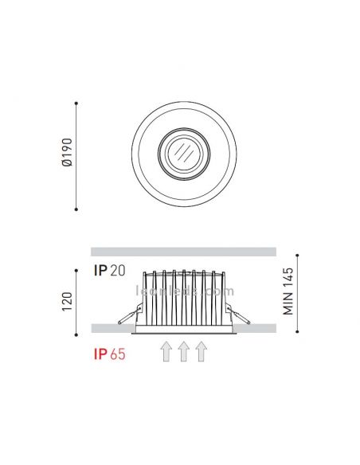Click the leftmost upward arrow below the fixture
coord(166,351)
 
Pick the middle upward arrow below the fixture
coord(183,351)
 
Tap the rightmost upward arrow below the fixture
coord(201,351)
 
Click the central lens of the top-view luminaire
coord(183,154)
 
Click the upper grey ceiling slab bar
coord(183,252)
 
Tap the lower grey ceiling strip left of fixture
coord(112,328)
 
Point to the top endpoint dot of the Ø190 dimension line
coord(76,103)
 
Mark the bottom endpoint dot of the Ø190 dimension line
coord(76,209)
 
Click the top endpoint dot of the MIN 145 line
coord(297,256)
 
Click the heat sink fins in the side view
coord(183,295)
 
